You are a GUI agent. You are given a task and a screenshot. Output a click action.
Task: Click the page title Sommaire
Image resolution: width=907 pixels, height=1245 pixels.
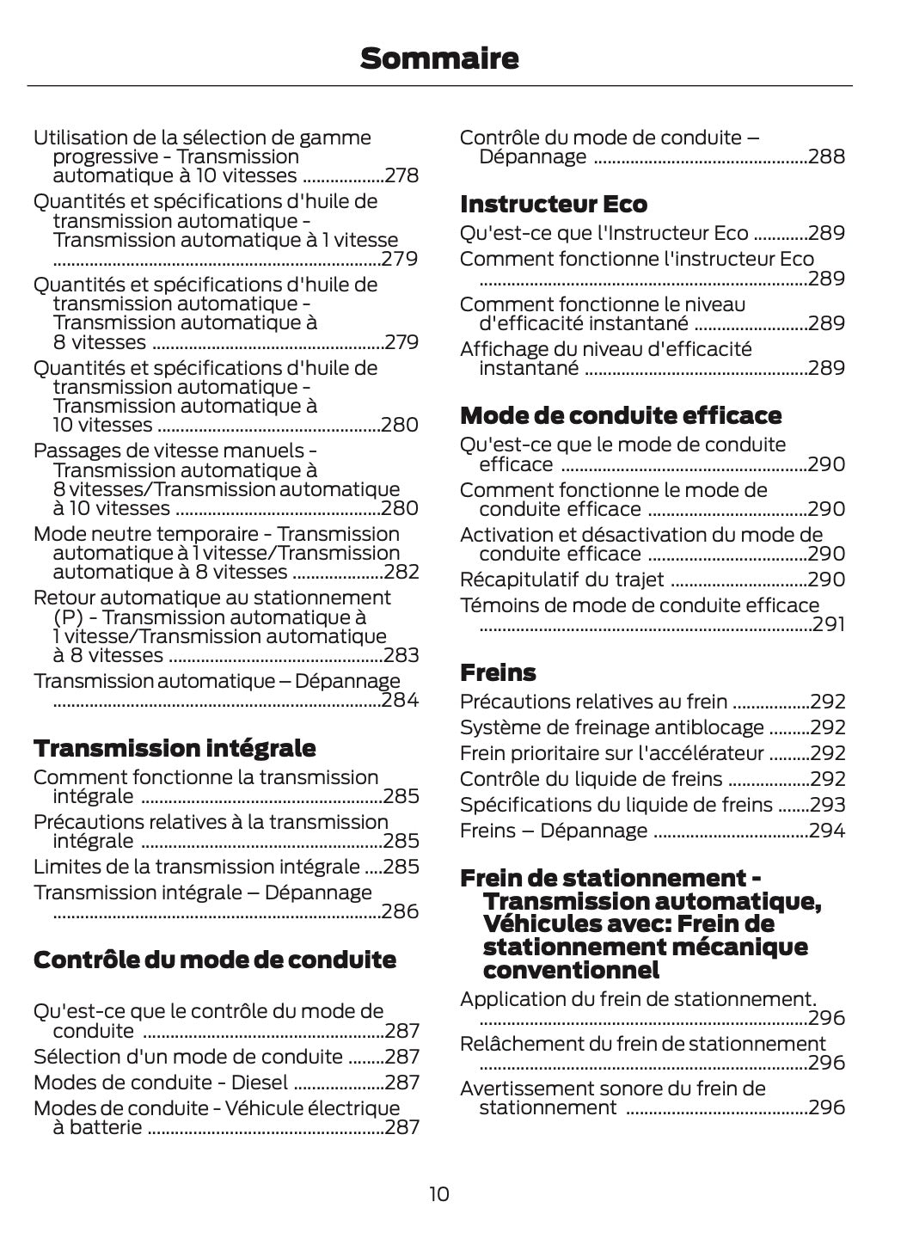click(439, 58)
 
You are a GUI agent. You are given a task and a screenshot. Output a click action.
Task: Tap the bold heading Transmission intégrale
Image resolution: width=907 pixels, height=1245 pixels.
click(175, 748)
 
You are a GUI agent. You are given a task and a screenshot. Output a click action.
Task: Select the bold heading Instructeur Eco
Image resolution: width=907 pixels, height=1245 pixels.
click(554, 204)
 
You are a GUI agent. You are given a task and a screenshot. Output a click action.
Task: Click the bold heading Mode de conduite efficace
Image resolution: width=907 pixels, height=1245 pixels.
click(621, 415)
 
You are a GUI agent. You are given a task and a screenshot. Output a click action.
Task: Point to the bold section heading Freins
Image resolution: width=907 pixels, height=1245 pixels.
click(498, 672)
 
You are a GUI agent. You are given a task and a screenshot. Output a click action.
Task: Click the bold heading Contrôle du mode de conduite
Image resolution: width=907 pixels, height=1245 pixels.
click(215, 960)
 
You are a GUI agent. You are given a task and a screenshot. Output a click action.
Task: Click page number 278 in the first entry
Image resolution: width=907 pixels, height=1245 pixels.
click(401, 176)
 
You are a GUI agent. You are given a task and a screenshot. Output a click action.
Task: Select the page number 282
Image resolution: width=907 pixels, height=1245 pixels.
click(401, 573)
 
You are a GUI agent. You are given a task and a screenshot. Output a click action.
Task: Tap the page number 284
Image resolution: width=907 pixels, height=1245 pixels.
click(400, 700)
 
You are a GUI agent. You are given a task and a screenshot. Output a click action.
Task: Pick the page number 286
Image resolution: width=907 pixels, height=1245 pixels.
click(400, 911)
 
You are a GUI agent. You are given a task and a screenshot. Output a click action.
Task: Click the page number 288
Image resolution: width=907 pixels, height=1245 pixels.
click(827, 157)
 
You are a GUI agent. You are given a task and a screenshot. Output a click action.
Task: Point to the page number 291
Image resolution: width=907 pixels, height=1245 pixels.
click(829, 624)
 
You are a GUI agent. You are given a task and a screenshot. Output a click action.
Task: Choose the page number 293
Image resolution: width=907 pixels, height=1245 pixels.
click(828, 805)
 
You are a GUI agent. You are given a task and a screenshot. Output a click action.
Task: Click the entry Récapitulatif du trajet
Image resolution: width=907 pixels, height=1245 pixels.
click(561, 580)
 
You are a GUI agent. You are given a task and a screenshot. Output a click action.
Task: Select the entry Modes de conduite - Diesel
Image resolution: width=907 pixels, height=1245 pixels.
click(161, 1082)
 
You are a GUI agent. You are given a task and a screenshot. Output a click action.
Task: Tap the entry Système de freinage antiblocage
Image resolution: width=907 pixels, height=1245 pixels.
click(611, 727)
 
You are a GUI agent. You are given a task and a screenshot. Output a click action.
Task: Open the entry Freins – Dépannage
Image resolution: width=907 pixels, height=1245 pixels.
click(554, 831)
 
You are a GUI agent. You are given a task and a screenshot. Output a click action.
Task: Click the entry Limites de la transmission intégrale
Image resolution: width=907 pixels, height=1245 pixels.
click(196, 867)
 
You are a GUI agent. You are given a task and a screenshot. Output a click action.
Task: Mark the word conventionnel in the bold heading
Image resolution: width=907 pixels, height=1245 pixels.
click(571, 971)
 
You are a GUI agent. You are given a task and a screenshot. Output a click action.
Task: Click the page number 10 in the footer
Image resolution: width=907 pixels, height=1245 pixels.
click(438, 1194)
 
